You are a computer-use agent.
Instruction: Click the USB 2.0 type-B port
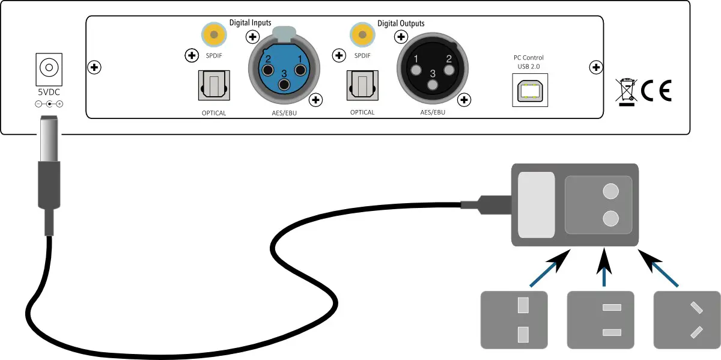(530, 90)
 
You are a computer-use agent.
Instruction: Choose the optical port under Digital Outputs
(362, 85)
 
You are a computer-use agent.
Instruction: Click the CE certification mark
(656, 91)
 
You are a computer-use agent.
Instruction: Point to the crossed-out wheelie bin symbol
(627, 92)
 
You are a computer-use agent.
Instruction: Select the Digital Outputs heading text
(401, 23)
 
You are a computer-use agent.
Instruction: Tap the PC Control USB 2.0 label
(528, 61)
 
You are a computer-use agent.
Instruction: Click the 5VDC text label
(49, 93)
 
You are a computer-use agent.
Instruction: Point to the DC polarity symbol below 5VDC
(49, 104)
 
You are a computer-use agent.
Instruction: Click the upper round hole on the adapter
(610, 191)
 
